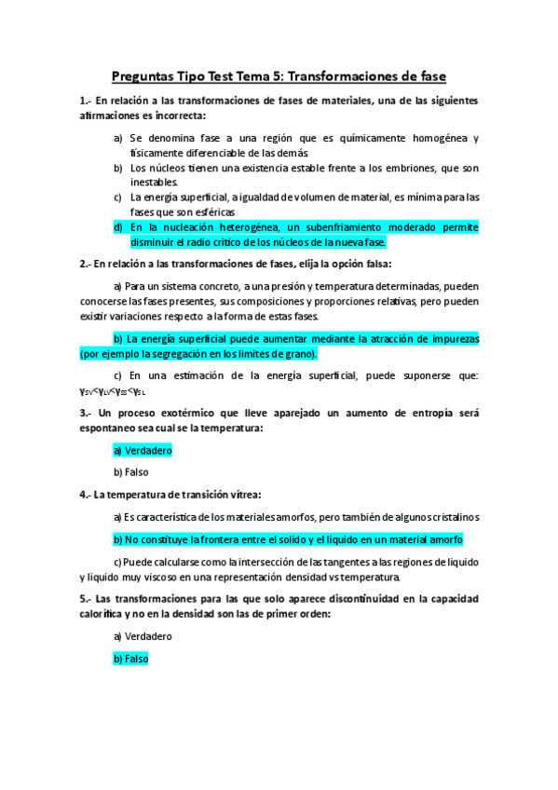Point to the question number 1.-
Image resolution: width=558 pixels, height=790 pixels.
(87, 101)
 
